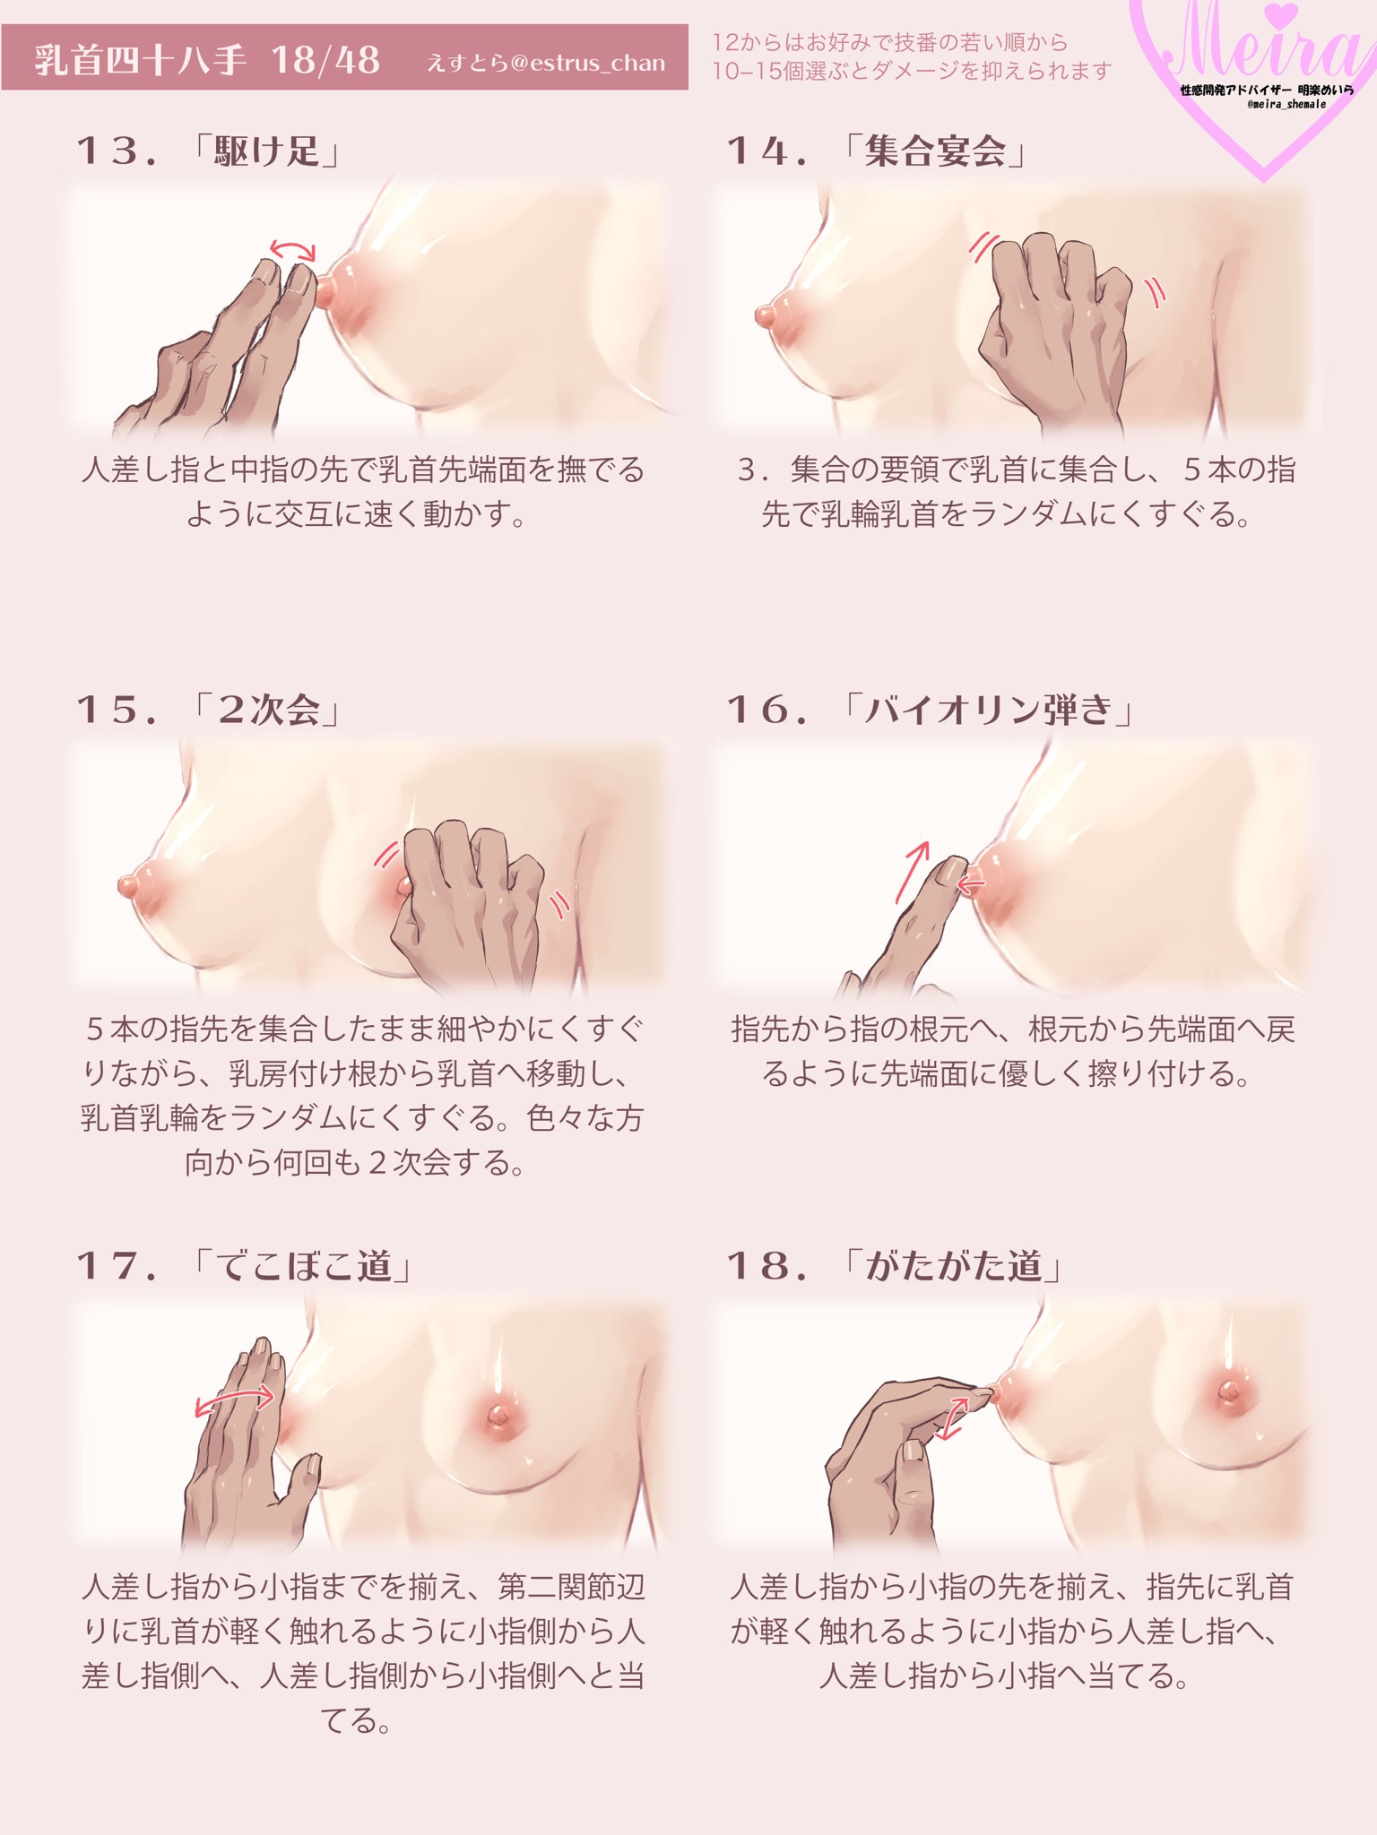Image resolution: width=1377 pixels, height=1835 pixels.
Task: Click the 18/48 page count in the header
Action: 325,60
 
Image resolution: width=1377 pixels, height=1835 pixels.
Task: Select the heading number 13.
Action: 116,151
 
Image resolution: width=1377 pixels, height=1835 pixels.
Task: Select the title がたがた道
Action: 954,1265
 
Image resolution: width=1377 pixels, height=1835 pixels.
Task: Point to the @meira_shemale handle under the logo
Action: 1286,105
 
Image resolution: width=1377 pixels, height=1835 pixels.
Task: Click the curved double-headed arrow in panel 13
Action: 294,246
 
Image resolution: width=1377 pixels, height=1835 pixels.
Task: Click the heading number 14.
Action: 766,151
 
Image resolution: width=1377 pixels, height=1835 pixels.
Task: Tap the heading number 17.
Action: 117,1266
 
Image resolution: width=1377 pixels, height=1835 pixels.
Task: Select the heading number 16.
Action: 766,711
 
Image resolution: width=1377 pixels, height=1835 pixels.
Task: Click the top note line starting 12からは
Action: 890,42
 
